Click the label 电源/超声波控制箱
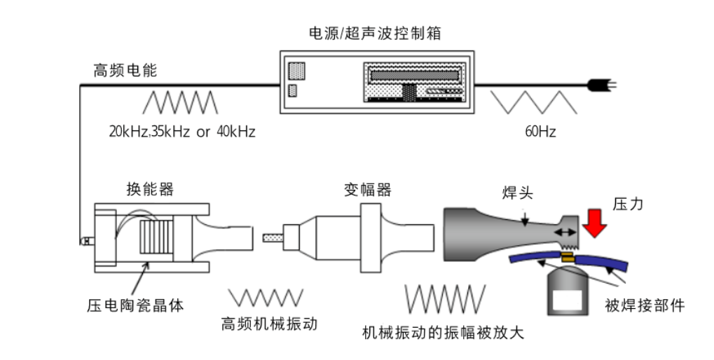coord(376,33)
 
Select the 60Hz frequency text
coord(540,131)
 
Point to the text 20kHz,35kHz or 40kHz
coord(181,131)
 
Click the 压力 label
coord(627,204)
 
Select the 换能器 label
coord(150,189)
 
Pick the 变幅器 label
coord(367,189)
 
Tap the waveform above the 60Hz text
coord(533,102)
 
